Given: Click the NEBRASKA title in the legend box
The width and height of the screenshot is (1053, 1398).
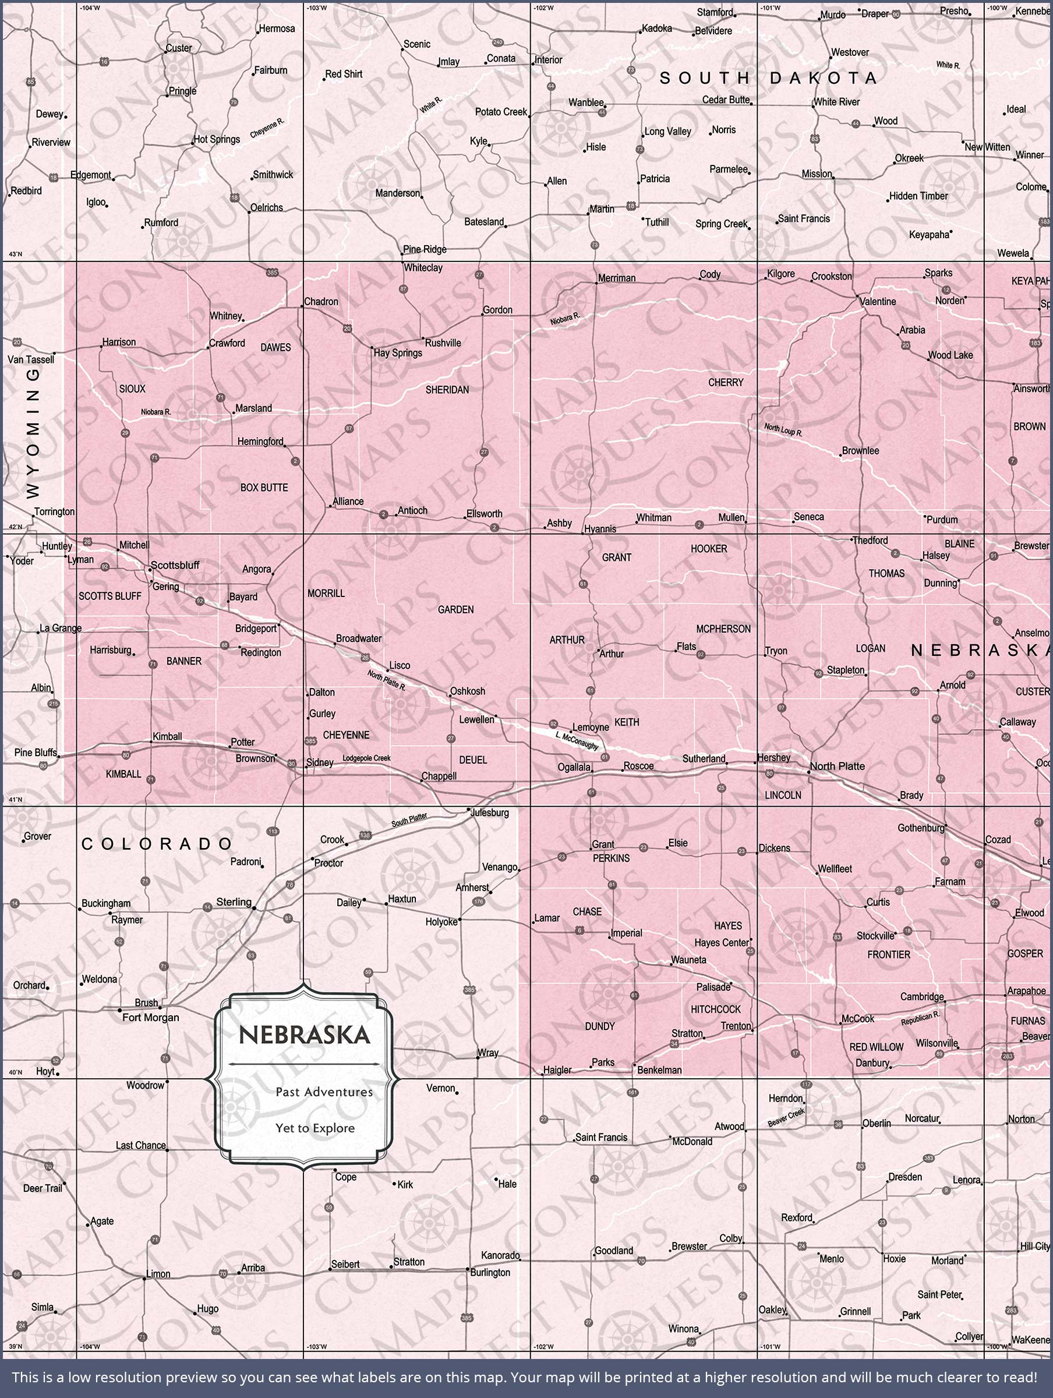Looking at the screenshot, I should pyautogui.click(x=304, y=1035).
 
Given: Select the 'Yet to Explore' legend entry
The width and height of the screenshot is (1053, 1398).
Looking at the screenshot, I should pyautogui.click(x=315, y=1128).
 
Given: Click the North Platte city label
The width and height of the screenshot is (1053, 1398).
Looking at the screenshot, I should pyautogui.click(x=837, y=766).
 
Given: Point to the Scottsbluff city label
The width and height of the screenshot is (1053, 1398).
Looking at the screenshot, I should pyautogui.click(x=175, y=565).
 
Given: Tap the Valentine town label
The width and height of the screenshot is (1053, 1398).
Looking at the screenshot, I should pyautogui.click(x=877, y=302).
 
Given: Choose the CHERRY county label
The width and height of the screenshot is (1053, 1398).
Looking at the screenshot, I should pyautogui.click(x=726, y=382).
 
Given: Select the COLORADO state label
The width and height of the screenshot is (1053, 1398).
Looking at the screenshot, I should pyautogui.click(x=157, y=843).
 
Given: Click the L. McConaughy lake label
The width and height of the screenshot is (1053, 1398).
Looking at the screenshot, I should pyautogui.click(x=577, y=741).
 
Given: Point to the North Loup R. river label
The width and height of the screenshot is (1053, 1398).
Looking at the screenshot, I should pyautogui.click(x=783, y=430).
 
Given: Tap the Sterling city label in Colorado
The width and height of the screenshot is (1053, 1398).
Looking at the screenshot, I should pyautogui.click(x=234, y=902).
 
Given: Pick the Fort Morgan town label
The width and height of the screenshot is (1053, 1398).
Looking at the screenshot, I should pyautogui.click(x=150, y=1017).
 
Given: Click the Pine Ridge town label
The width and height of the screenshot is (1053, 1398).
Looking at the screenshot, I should pyautogui.click(x=425, y=249).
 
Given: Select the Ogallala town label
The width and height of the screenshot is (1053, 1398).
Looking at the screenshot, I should pyautogui.click(x=574, y=767).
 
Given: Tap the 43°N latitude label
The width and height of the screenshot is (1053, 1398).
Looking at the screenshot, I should pyautogui.click(x=15, y=254).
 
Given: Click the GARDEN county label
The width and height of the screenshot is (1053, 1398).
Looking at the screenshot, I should pyautogui.click(x=455, y=609).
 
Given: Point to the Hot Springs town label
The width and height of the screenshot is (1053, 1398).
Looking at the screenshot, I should pyautogui.click(x=217, y=139).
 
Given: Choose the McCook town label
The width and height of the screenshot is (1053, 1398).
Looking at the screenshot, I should pyautogui.click(x=858, y=1019).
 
